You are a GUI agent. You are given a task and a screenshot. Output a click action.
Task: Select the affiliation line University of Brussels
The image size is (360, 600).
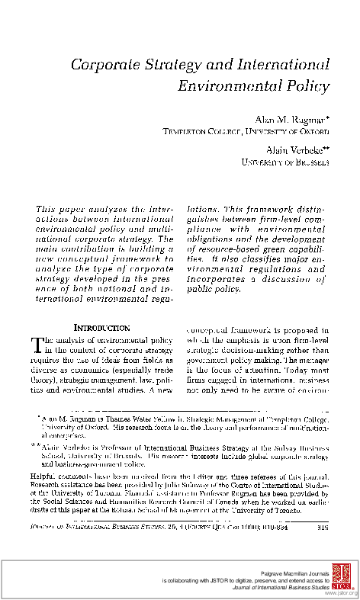click(x=285, y=162)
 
